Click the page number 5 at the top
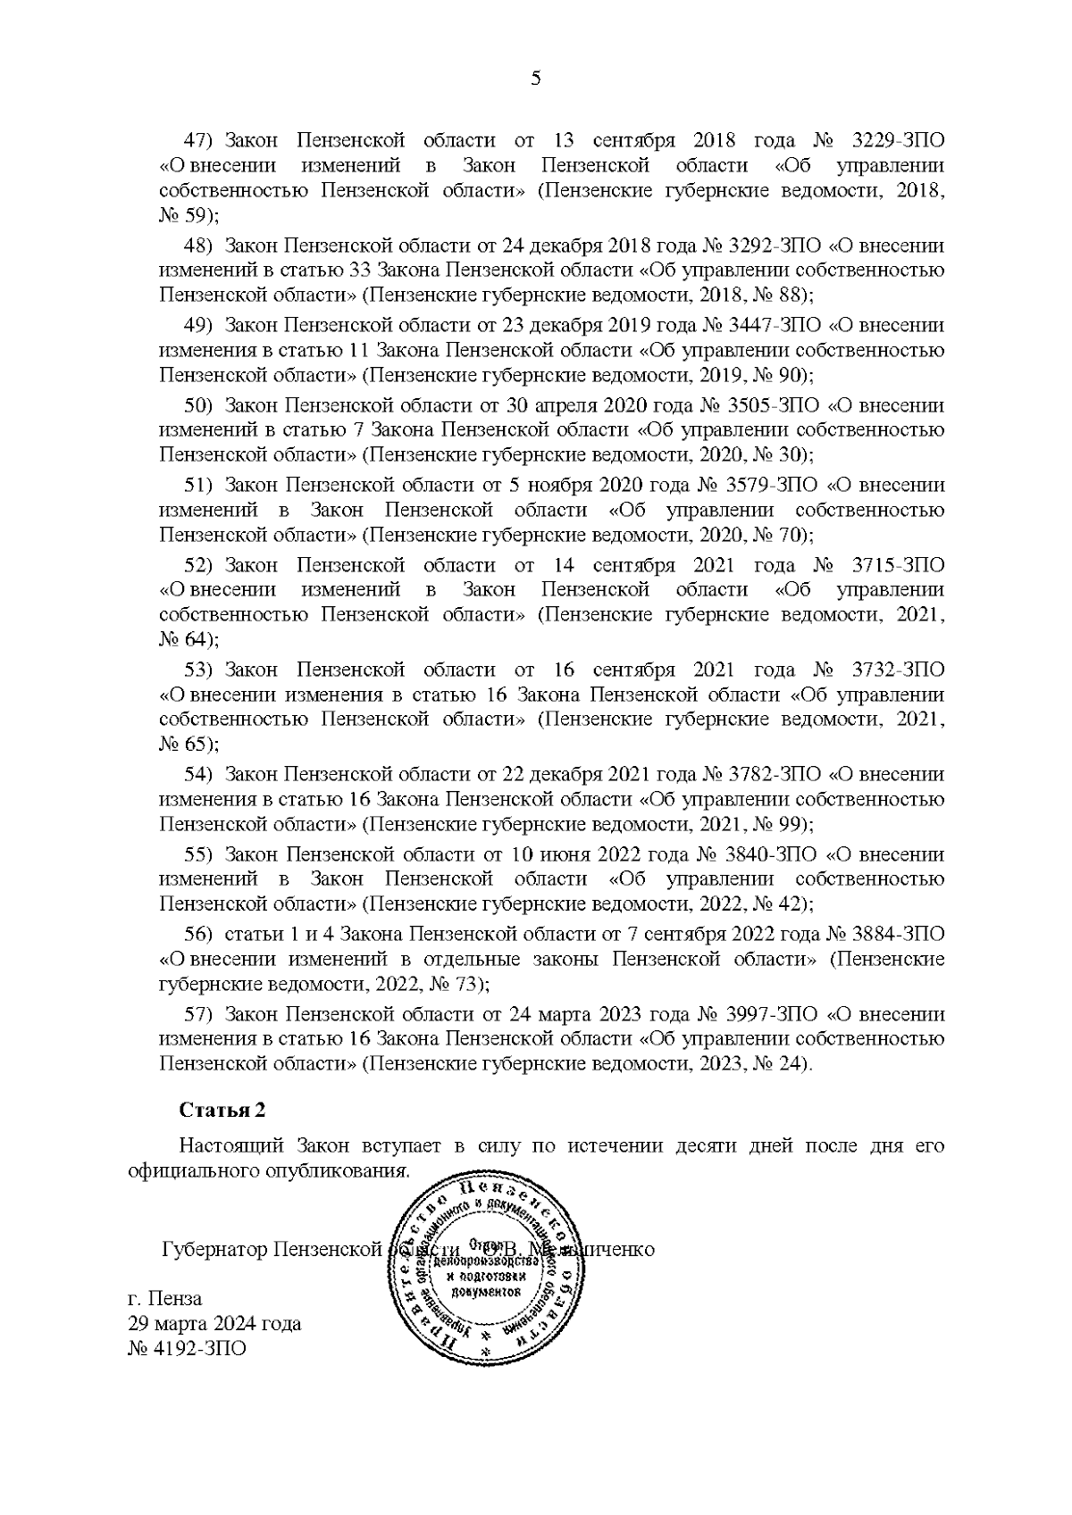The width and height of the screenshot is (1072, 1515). coord(536,79)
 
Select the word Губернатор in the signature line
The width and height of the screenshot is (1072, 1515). coord(214,1249)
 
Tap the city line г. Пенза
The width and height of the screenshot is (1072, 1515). coord(165,1298)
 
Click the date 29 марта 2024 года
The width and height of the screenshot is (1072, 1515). coord(215,1323)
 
